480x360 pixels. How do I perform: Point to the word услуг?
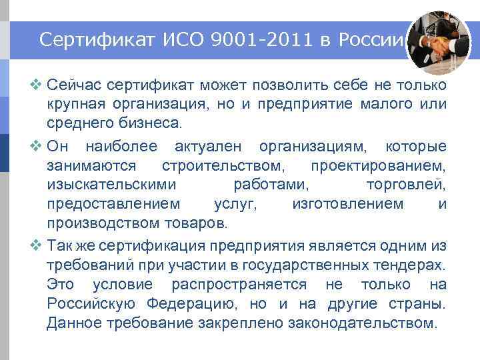coord(235,203)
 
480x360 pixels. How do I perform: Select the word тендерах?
coord(407,265)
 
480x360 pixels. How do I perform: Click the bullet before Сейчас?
coord(37,86)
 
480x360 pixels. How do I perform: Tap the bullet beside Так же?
coord(37,246)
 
